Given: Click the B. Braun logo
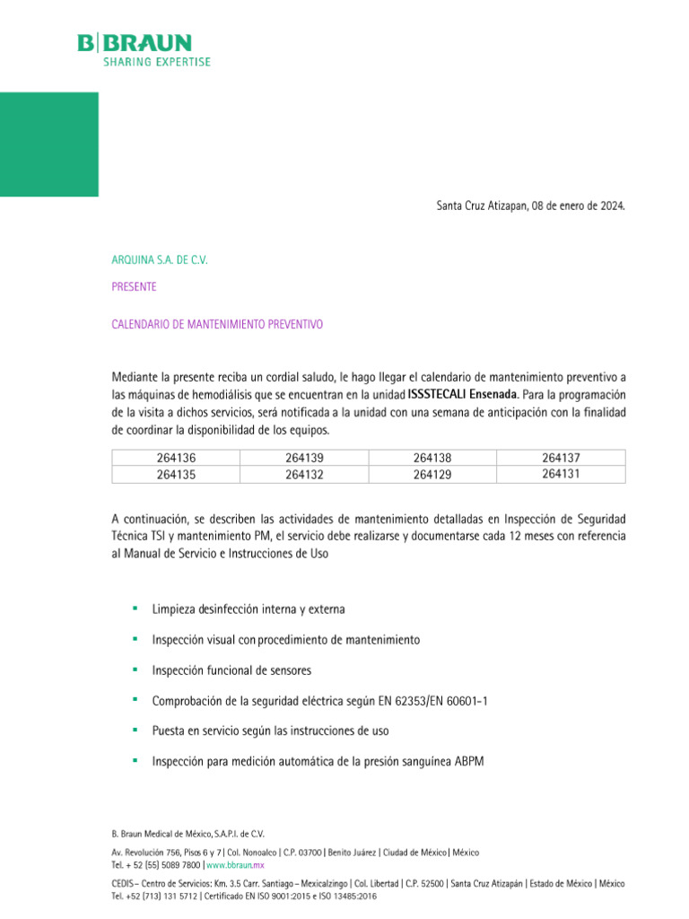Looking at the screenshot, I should [144, 49].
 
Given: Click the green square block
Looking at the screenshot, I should [48, 144].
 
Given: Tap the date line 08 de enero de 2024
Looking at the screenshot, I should [529, 206].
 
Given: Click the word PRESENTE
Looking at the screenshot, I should [134, 287].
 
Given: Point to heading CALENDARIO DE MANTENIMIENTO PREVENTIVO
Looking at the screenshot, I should [216, 324].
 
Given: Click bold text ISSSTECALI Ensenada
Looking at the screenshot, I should [462, 394].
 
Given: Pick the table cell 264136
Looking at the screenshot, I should [176, 458].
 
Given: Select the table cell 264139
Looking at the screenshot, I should [304, 458].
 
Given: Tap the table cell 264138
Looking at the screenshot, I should [432, 458].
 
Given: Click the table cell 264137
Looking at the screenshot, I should [561, 458].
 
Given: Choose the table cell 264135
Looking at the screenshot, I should [176, 475].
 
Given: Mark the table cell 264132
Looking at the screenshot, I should [304, 475].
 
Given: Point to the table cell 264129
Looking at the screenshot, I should [432, 475].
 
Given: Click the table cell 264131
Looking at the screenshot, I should [561, 474].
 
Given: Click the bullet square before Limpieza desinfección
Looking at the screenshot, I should [135, 608].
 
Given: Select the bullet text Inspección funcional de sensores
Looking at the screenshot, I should [231, 670].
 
